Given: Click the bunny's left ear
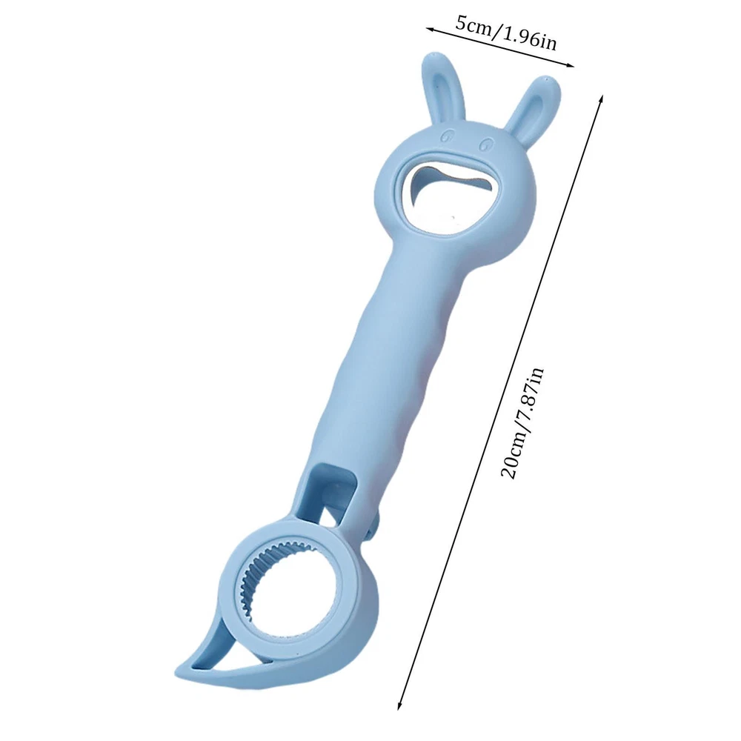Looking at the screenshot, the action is [443, 89].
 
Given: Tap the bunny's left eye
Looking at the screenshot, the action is [445, 136].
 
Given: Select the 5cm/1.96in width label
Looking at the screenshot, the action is [506, 32].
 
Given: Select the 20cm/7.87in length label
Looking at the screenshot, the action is [522, 423].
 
